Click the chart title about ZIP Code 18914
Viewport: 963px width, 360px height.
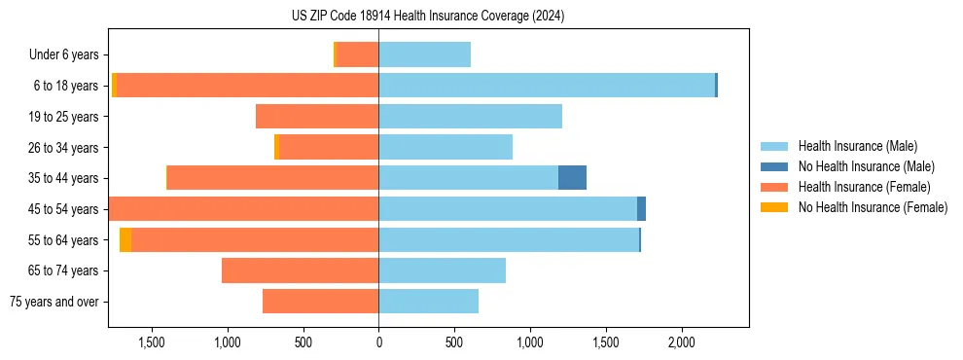(428, 16)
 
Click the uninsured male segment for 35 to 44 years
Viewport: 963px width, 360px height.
(572, 178)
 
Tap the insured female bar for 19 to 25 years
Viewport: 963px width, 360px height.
(317, 117)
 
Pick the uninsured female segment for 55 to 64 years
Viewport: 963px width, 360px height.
(125, 240)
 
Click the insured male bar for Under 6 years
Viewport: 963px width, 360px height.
(424, 54)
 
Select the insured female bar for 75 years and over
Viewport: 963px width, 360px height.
(320, 302)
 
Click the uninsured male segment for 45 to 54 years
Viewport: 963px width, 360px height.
(641, 209)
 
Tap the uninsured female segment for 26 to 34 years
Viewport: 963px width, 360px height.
(276, 147)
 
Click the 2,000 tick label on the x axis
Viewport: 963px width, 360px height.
(681, 342)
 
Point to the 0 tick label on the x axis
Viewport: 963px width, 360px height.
(378, 342)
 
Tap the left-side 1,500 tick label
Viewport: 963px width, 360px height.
(153, 342)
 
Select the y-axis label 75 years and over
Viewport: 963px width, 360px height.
(53, 302)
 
